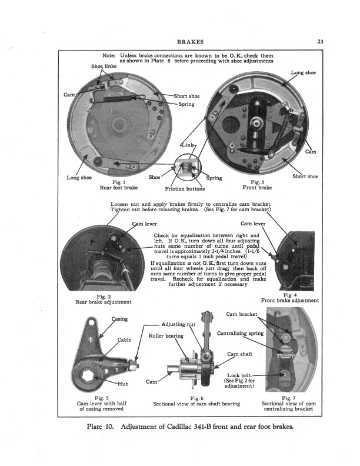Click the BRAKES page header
point(189,42)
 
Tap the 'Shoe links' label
point(104,67)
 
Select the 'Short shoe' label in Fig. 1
point(186,96)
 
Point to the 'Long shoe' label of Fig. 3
point(304,72)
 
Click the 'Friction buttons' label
point(184,189)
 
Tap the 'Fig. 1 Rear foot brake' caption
point(116,185)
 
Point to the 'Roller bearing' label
point(166,335)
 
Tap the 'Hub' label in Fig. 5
point(123,384)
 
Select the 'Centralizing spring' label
point(239,334)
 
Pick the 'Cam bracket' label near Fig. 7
point(242,314)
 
